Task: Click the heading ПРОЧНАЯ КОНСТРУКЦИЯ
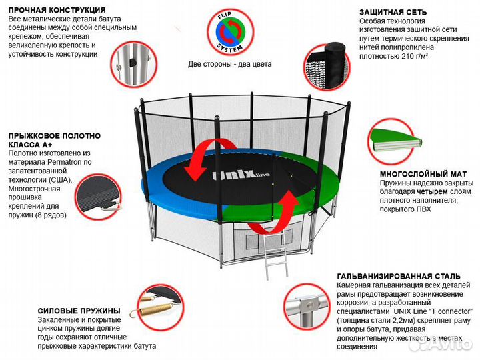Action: click(57, 11)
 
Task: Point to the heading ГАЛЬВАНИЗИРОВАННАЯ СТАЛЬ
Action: click(399, 276)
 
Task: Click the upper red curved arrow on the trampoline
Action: click(204, 157)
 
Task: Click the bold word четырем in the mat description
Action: click(441, 191)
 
